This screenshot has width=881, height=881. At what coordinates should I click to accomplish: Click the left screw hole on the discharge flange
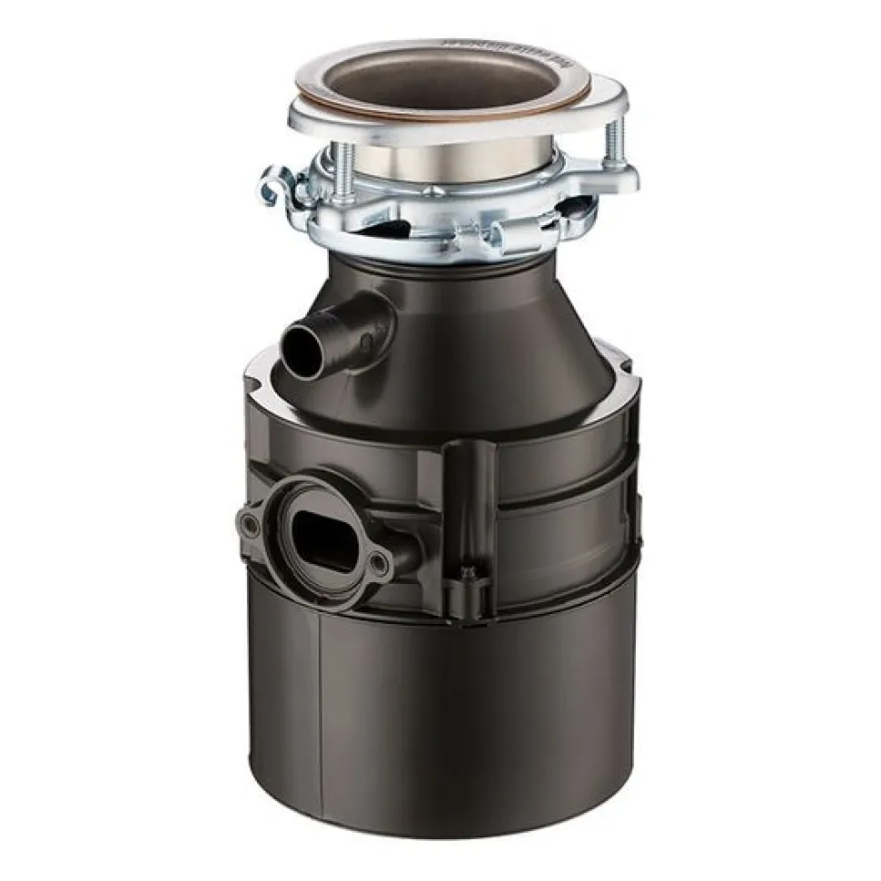coord(249,524)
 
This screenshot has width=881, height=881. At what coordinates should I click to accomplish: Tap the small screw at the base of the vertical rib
coord(468,571)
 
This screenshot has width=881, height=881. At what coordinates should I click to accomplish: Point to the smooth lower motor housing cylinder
coord(472,718)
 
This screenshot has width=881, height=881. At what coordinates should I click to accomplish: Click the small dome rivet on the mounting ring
coord(435,192)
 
